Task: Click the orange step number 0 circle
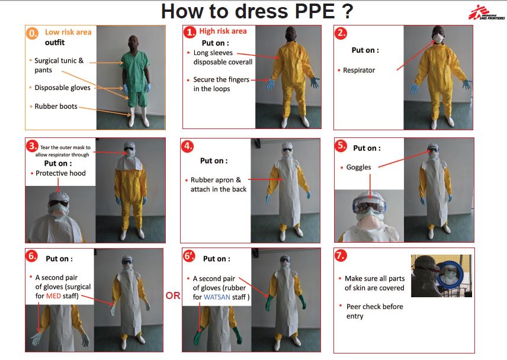pyautogui.click(x=33, y=34)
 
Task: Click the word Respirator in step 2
pyautogui.click(x=359, y=70)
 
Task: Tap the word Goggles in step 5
pyautogui.click(x=359, y=168)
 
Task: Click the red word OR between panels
pyautogui.click(x=172, y=295)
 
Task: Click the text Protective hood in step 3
pyautogui.click(x=60, y=173)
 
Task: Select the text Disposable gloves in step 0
pyautogui.click(x=62, y=88)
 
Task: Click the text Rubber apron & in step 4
pyautogui.click(x=216, y=179)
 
